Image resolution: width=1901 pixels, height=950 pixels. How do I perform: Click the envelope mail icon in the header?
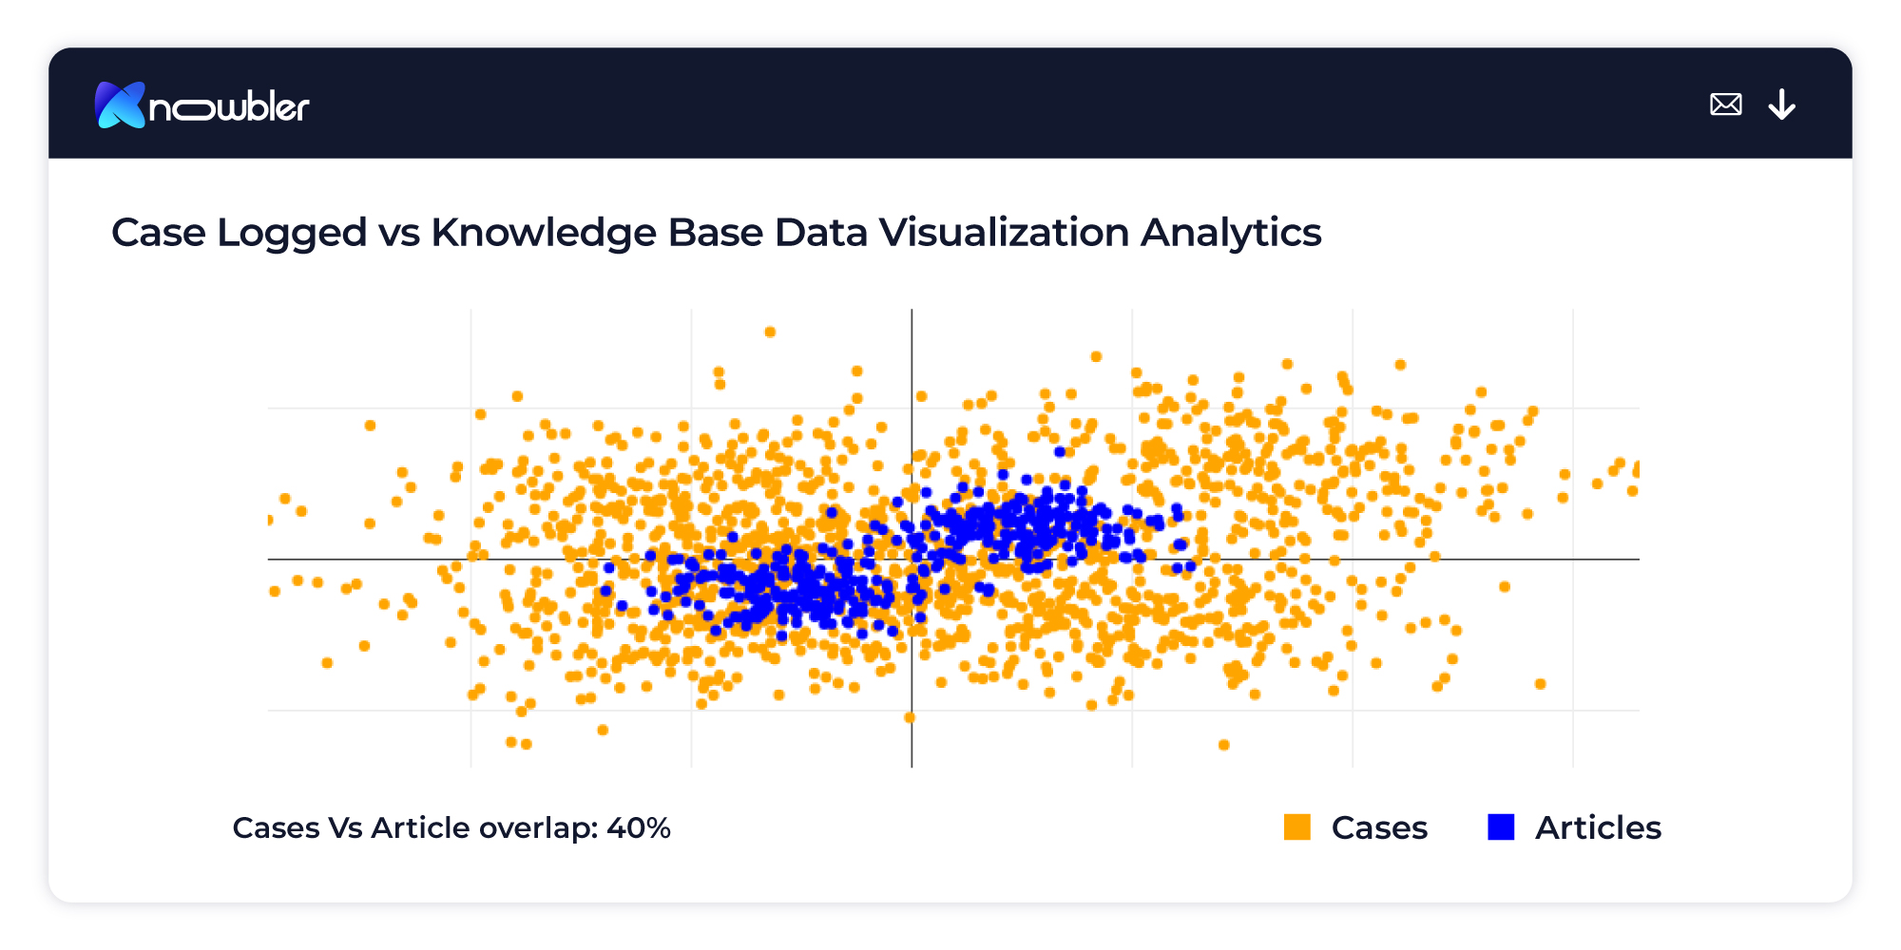1725,104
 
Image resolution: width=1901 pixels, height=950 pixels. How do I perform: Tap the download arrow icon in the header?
1781,104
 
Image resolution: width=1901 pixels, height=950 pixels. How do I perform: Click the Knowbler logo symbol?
120,104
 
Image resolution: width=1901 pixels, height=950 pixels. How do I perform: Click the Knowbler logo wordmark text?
229,107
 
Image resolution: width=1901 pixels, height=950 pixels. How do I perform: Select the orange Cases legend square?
1296,827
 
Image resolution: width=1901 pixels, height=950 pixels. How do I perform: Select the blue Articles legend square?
1501,827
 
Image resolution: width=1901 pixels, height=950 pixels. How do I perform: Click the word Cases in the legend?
1379,828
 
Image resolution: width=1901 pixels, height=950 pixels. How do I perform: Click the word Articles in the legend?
1598,828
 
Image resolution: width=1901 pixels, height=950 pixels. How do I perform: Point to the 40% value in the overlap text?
639,828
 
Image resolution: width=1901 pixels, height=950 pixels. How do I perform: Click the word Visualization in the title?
1004,233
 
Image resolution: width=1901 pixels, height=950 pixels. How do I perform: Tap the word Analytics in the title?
1231,233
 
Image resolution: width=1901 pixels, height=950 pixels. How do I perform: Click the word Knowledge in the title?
543,233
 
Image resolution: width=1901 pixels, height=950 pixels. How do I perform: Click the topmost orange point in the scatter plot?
770,332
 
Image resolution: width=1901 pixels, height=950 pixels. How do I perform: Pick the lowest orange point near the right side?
1223,745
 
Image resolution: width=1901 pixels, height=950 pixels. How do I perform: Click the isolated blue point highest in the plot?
1059,451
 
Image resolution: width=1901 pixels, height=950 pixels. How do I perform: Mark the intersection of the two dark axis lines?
912,560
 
